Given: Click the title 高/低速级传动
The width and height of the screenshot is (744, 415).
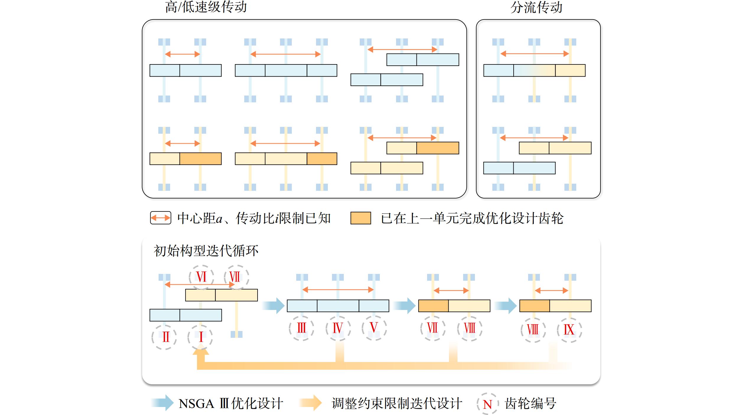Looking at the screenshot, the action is point(206,7).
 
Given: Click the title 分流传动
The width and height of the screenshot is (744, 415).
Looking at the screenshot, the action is point(536,7).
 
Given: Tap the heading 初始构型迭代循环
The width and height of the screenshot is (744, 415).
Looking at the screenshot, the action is point(206,251).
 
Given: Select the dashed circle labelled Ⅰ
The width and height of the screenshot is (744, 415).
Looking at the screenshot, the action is point(200,337).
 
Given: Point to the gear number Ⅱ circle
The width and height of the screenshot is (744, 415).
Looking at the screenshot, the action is point(164,337).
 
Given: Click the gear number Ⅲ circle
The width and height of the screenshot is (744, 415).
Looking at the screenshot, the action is point(302,328).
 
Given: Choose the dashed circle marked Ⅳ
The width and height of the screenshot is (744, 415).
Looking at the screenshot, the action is point(338,328).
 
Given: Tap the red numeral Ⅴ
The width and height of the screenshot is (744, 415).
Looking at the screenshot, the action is point(374,327).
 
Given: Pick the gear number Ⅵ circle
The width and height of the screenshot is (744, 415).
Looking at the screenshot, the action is point(201,277).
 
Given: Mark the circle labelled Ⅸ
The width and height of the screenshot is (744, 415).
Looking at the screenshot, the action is point(569,330).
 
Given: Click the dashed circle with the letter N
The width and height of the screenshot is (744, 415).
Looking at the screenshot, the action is point(488,404).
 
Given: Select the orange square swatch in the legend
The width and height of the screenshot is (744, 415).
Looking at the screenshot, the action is point(361,218).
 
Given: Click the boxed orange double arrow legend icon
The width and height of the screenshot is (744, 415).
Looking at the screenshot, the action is point(161,218).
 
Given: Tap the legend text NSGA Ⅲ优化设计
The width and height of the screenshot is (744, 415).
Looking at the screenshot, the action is point(231,403).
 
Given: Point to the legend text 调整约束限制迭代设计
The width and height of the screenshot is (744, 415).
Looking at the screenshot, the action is point(397,403).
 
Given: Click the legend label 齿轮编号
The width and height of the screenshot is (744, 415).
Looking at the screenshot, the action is point(530,403).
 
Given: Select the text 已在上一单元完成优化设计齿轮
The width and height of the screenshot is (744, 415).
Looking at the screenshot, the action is point(472,218).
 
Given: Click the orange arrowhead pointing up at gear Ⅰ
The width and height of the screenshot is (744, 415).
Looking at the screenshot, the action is point(201,352).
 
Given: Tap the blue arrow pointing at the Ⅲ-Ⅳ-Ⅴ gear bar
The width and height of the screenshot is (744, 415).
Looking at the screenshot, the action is point(273,306).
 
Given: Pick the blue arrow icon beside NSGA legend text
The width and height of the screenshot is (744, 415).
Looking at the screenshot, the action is point(162,403).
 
